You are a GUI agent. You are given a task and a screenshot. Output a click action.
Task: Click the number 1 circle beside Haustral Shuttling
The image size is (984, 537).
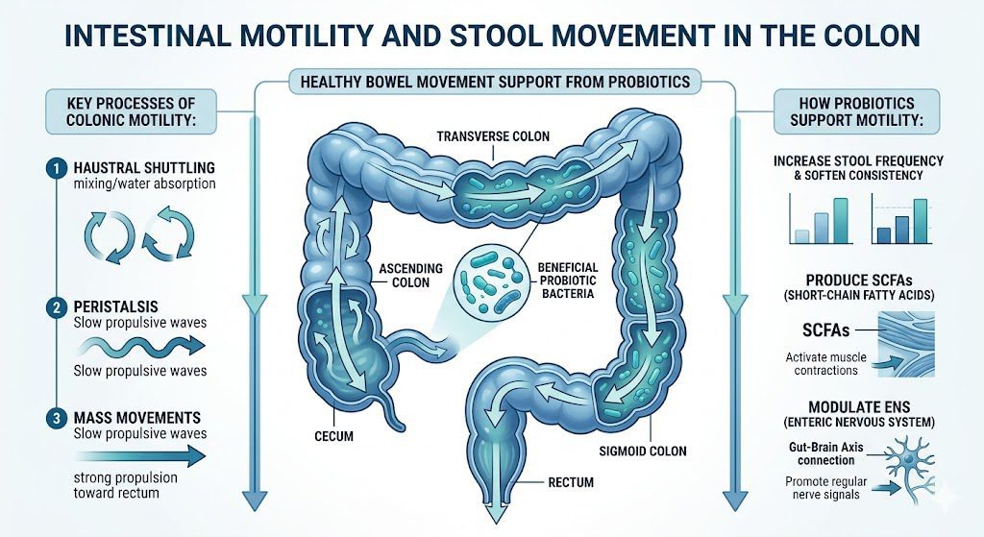[x=57, y=169]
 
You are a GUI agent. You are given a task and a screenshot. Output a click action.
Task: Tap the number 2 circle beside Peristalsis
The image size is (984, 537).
[x=57, y=307]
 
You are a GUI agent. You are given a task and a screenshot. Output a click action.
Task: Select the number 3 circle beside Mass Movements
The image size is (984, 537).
[x=57, y=418]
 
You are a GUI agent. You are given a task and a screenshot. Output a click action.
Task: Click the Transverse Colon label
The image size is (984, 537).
[x=493, y=136]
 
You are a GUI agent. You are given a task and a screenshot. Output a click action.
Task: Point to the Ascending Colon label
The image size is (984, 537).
[x=410, y=276]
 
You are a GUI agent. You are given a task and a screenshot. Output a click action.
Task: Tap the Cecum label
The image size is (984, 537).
[x=333, y=435]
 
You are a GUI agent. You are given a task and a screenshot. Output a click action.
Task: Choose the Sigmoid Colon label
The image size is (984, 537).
[x=643, y=451]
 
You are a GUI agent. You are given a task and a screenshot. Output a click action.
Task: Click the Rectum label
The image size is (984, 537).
[x=571, y=482]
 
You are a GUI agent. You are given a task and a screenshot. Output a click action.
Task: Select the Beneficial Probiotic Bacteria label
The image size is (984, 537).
[x=567, y=280]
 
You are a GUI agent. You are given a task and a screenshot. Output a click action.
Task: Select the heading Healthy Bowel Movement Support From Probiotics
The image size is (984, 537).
[x=495, y=82]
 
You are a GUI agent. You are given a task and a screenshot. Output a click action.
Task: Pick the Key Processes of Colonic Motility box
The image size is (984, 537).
[x=131, y=111]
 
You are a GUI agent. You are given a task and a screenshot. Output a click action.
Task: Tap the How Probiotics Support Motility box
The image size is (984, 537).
[x=856, y=111]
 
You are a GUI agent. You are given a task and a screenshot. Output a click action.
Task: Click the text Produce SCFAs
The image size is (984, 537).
[x=858, y=280]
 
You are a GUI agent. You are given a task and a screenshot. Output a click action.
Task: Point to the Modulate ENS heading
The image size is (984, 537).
[x=859, y=406]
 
